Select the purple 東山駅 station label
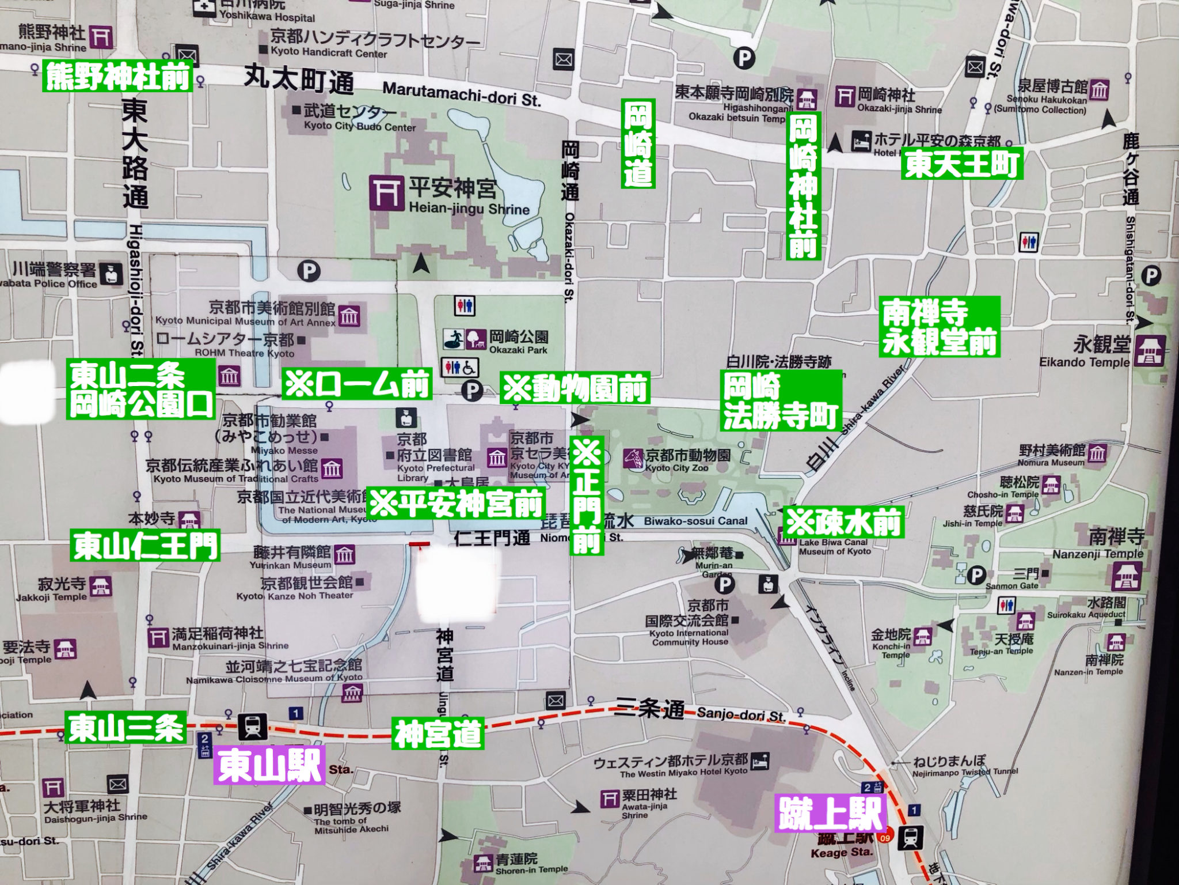click(269, 765)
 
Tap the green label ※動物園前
click(575, 388)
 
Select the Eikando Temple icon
click(1150, 351)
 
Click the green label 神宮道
click(438, 733)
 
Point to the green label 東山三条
click(125, 728)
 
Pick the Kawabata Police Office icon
click(111, 274)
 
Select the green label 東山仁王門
click(145, 546)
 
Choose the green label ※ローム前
click(357, 384)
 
